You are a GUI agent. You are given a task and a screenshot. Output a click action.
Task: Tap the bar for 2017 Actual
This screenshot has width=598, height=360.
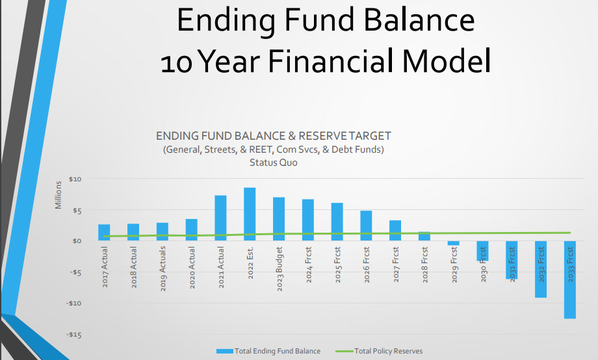pyautogui.click(x=104, y=232)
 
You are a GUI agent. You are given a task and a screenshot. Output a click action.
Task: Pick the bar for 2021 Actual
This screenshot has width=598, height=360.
pyautogui.click(x=220, y=218)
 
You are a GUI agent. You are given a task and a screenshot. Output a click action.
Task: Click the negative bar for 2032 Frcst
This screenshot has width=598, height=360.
pyautogui.click(x=541, y=269)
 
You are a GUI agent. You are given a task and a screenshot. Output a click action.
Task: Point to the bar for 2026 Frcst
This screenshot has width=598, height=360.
pyautogui.click(x=366, y=225)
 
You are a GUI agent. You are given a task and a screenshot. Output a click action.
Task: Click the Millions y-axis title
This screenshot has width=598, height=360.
pyautogui.click(x=58, y=195)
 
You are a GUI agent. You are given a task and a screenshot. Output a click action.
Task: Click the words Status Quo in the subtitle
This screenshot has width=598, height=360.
pyautogui.click(x=274, y=162)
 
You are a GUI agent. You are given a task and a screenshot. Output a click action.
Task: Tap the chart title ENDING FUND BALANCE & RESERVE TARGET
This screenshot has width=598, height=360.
pyautogui.click(x=274, y=136)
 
